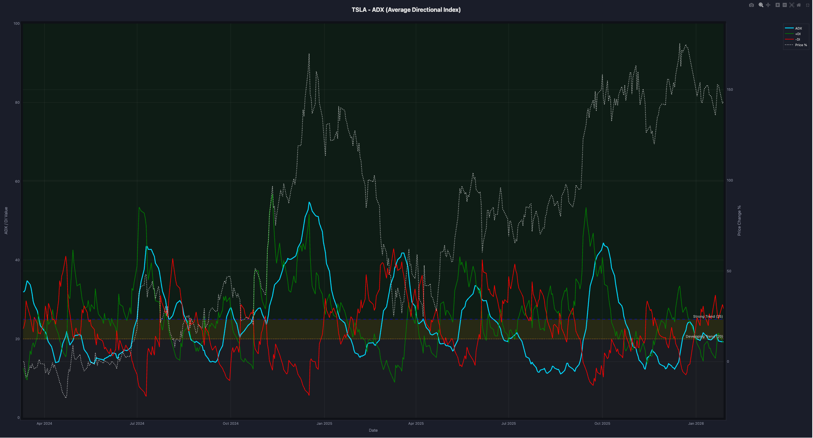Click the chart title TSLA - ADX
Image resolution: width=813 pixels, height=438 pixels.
coord(406,10)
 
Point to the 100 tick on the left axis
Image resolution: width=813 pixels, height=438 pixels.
coord(17,24)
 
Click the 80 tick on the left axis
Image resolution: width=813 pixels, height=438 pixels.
coord(17,103)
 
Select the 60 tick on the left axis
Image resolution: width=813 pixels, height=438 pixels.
coord(17,182)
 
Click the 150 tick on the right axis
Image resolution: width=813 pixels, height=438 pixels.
coord(730,90)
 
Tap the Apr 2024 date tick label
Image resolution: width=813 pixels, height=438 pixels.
coord(44,424)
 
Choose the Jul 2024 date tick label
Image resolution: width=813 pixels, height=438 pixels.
coord(137,424)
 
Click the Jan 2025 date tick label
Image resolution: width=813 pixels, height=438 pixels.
coord(325,424)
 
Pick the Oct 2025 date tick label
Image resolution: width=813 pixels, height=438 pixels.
coord(602,424)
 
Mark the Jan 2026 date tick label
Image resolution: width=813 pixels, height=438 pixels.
coord(696,424)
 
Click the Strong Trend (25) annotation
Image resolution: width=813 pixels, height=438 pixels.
coord(708,317)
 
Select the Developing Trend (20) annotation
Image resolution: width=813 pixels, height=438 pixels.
coord(704,337)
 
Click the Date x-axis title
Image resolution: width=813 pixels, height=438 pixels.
coord(373,431)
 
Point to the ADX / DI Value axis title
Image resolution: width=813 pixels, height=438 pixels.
coord(6,221)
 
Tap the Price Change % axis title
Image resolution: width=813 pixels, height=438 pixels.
coord(739,221)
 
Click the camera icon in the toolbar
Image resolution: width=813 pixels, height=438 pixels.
coord(751,5)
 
